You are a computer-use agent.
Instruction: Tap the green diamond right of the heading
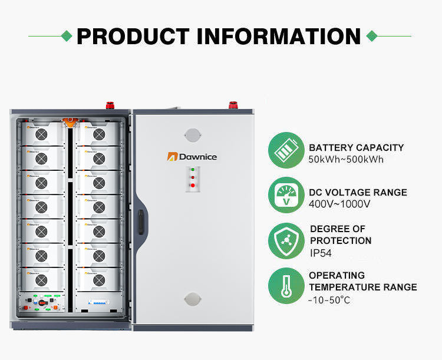371,36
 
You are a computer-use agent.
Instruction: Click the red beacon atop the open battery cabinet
110,106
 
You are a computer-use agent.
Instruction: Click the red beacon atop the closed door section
233,106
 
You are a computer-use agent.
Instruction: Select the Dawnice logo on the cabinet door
192,156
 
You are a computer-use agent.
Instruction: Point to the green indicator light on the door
192,170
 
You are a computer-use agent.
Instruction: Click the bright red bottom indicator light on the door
192,185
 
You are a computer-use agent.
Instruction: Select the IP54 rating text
321,253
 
